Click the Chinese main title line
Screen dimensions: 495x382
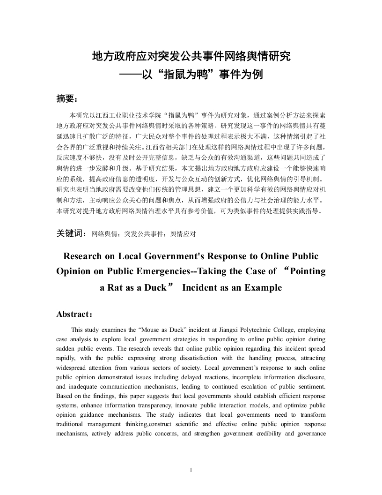point(191,57)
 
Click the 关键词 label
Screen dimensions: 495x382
point(70,233)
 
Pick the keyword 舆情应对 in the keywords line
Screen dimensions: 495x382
point(183,233)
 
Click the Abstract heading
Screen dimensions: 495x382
point(74,315)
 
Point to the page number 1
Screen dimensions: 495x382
point(191,470)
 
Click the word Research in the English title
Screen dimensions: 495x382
point(86,256)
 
